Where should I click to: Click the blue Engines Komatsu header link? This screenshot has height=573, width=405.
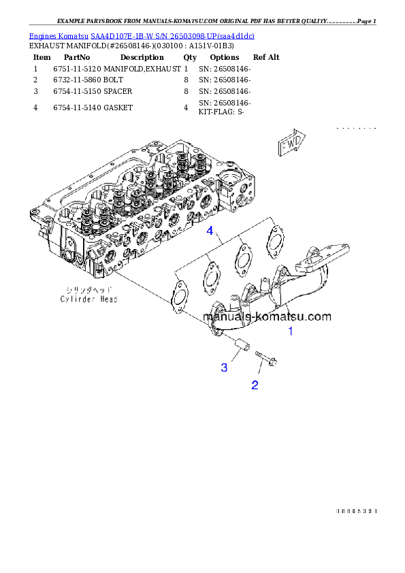pos(142,35)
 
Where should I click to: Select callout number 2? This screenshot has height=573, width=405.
pos(255,385)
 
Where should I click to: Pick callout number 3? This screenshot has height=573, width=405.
pos(223,367)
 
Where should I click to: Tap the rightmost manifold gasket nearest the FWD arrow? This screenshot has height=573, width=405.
pos(274,241)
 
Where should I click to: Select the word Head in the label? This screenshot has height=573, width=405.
pos(107,299)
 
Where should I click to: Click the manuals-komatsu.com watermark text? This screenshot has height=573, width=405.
pos(267,316)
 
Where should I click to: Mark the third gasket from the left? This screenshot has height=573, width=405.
pos(242,259)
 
